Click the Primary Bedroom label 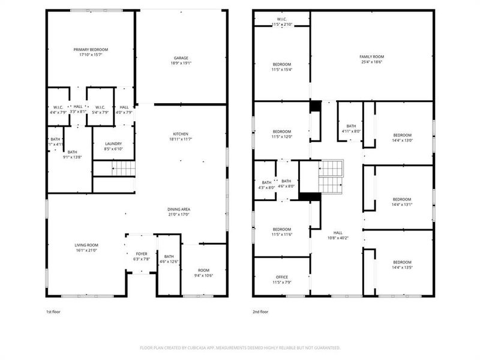click(91, 50)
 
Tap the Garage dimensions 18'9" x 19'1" click(181, 62)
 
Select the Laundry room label click(113, 143)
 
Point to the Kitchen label click(181, 133)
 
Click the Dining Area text click(179, 209)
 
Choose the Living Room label click(86, 245)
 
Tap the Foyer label click(141, 253)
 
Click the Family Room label click(371, 55)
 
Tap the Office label click(281, 277)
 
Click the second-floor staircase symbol click(330, 177)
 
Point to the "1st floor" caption click(53, 312)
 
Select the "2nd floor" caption click(260, 312)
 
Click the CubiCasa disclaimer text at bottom click(240, 347)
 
